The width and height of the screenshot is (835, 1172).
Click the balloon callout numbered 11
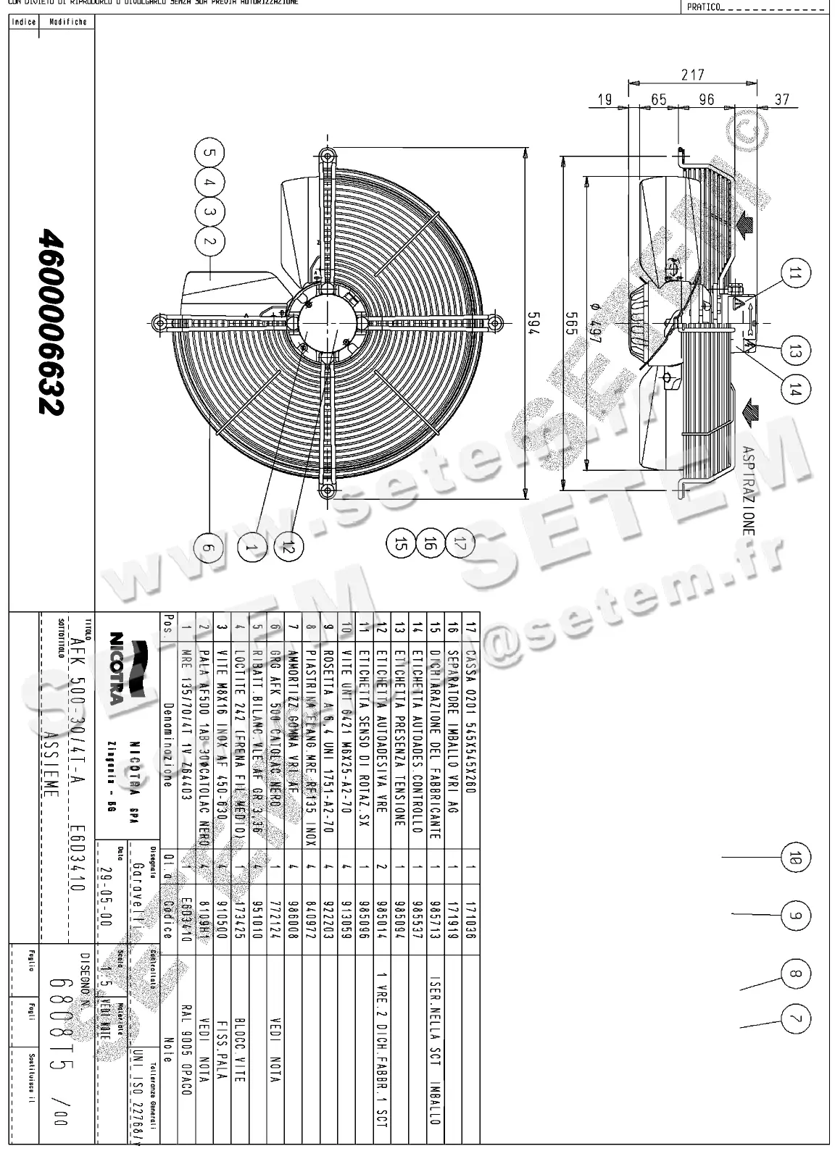(x=795, y=274)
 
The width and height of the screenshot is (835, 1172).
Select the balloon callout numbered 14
(x=795, y=391)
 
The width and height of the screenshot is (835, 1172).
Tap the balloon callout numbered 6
(x=209, y=548)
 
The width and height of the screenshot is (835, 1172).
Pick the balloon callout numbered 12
(x=289, y=548)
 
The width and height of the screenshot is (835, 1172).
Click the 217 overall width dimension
(x=692, y=75)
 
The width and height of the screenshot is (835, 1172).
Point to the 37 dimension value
(x=781, y=99)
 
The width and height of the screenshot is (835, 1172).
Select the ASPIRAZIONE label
(x=748, y=490)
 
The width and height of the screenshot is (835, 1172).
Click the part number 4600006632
(x=52, y=322)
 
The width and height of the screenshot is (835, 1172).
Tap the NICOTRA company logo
(x=116, y=667)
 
